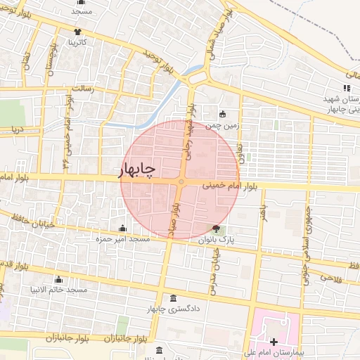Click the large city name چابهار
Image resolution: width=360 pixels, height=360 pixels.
click(x=138, y=169)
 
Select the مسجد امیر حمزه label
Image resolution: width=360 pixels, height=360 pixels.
click(x=124, y=239)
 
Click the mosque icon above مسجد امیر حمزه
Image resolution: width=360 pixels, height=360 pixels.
click(x=124, y=228)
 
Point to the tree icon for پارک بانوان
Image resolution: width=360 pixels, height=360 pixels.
click(x=216, y=228)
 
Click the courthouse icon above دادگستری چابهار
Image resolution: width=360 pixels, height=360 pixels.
click(x=174, y=297)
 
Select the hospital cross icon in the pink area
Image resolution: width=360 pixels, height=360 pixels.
click(x=274, y=342)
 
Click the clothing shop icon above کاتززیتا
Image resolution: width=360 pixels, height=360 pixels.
click(x=77, y=32)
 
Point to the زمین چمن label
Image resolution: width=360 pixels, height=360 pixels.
click(x=223, y=126)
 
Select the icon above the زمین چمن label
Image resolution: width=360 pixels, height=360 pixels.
click(x=223, y=115)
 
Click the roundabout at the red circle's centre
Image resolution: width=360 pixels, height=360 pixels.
click(x=181, y=183)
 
